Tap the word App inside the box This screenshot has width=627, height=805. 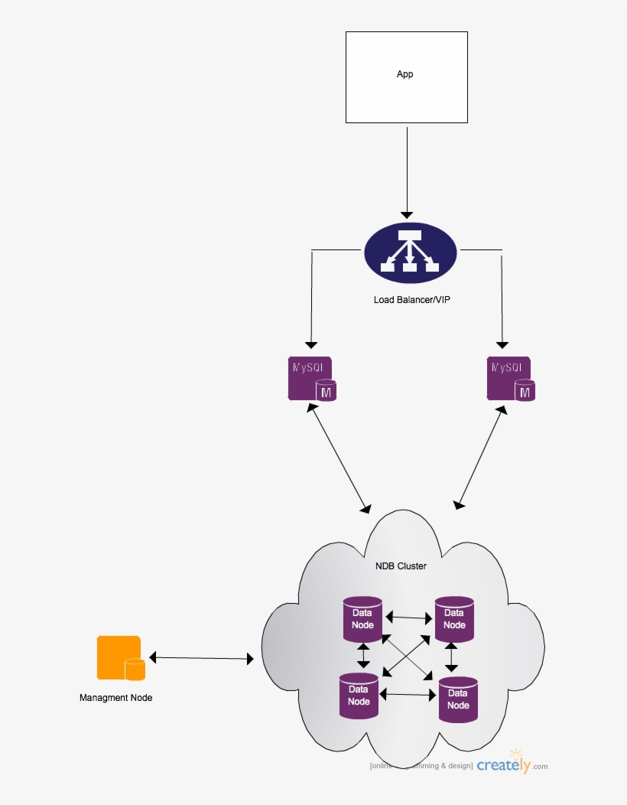(x=404, y=74)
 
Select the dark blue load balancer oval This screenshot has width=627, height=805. (x=411, y=253)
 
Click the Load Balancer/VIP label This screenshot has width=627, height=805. (x=411, y=299)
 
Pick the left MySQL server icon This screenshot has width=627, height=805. (x=312, y=378)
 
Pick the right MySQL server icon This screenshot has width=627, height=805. (x=511, y=378)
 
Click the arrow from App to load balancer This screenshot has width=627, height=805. (x=407, y=172)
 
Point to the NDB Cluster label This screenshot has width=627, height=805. (x=401, y=566)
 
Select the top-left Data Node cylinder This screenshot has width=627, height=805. (x=362, y=619)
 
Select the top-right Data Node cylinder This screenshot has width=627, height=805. (x=454, y=618)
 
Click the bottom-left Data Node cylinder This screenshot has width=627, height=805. (x=359, y=695)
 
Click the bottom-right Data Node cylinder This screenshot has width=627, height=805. (x=458, y=699)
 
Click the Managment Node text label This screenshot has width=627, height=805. (x=115, y=698)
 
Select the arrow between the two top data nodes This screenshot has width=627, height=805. (x=409, y=617)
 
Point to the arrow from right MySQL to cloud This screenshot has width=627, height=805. (x=481, y=458)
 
